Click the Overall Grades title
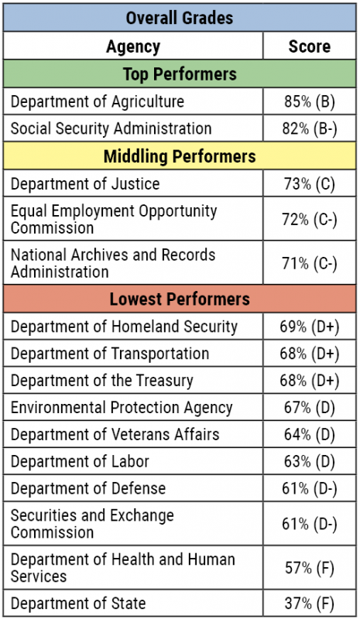click(180, 17)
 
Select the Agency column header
click(133, 46)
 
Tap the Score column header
click(309, 46)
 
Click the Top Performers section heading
click(180, 74)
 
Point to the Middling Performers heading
click(180, 156)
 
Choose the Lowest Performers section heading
click(180, 299)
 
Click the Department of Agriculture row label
click(98, 101)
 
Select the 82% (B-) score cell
click(309, 128)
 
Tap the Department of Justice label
click(85, 183)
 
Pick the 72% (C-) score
click(309, 220)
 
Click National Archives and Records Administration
click(113, 263)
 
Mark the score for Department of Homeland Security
click(309, 326)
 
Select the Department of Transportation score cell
click(309, 354)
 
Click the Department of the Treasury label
click(102, 381)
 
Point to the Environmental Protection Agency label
click(122, 407)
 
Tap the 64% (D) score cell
click(309, 435)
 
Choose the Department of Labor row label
click(80, 462)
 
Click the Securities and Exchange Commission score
click(309, 524)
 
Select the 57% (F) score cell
click(309, 567)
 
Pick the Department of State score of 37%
click(309, 603)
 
